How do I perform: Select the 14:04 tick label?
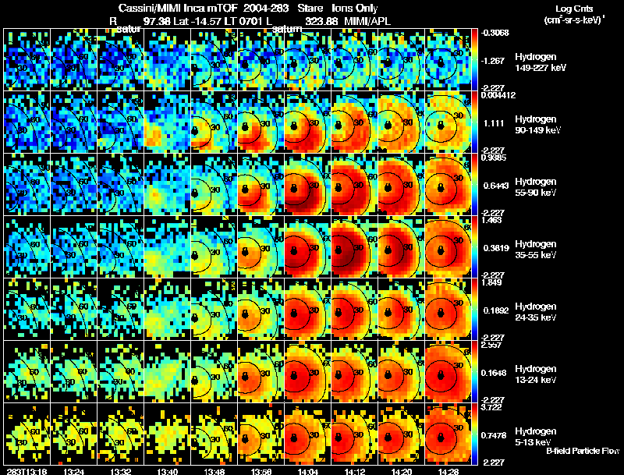307,470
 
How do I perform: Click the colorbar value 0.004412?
495,96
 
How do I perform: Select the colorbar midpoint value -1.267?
492,60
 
